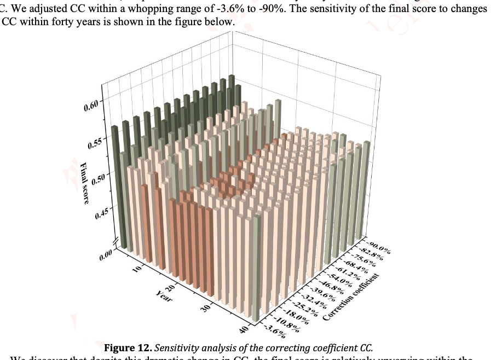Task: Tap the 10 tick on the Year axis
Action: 137,268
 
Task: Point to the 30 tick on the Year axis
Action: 206,308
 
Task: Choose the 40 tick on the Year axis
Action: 243,328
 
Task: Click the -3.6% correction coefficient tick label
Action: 275,330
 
